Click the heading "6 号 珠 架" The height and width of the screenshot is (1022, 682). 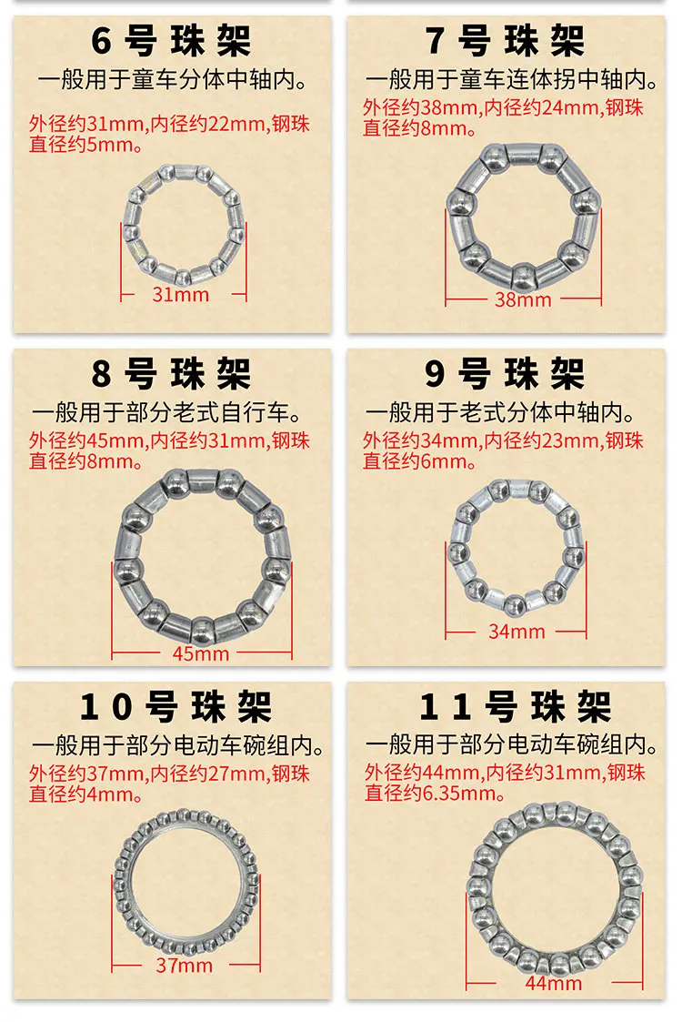171,40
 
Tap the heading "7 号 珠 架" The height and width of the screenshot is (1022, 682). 505,40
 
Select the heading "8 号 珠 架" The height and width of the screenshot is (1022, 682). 171,373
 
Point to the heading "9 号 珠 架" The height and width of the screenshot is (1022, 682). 505,373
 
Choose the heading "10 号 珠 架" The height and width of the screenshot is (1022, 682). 176,706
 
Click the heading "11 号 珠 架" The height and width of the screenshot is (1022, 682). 515,706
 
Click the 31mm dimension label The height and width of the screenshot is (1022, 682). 180,295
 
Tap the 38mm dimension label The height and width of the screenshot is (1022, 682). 523,299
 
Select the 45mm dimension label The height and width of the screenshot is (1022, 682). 201,653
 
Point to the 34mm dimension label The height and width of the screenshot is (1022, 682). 517,632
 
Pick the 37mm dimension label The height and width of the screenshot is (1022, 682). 185,966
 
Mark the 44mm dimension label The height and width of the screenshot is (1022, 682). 554,983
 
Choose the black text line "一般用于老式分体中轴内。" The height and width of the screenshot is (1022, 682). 500,412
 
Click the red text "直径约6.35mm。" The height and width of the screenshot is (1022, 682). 436,793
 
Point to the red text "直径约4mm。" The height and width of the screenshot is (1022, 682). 86,794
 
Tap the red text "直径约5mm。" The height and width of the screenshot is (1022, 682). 86,144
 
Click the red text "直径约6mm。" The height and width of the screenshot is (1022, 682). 419,461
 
